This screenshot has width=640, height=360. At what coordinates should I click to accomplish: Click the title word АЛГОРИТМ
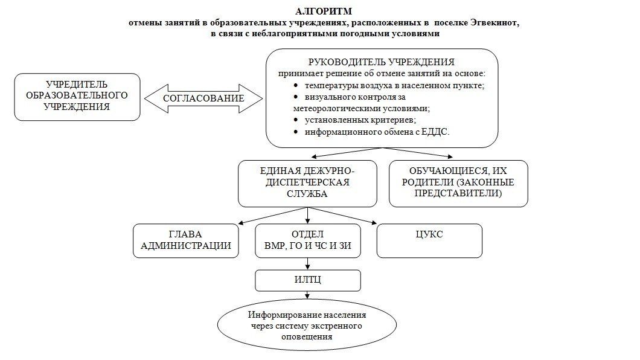(323, 11)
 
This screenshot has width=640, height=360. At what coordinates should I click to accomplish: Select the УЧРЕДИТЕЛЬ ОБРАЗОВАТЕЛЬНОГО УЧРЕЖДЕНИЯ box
(77, 97)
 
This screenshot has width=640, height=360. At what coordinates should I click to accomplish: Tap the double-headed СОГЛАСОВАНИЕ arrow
(203, 98)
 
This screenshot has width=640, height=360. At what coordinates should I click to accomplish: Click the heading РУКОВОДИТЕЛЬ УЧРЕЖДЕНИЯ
(381, 62)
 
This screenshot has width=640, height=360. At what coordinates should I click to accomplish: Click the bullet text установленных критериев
(360, 120)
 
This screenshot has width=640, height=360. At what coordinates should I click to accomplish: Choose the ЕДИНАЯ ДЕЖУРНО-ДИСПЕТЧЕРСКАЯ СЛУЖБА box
(307, 184)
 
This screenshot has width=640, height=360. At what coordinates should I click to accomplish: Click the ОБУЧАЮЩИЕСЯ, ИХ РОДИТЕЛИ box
(458, 184)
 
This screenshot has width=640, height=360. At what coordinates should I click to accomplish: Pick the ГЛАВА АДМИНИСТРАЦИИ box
(186, 241)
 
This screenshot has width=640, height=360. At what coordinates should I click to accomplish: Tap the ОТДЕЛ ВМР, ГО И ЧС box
(308, 241)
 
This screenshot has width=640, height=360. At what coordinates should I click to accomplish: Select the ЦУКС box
(429, 241)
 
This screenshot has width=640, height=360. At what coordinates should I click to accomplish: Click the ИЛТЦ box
(308, 280)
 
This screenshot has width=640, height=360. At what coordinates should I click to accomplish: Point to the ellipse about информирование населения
(307, 326)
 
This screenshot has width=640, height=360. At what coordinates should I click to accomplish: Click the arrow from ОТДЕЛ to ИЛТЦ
(308, 264)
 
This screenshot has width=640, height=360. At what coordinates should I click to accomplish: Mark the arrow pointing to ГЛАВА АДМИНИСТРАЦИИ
(273, 216)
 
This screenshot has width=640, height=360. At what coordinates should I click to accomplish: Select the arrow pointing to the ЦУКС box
(342, 216)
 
